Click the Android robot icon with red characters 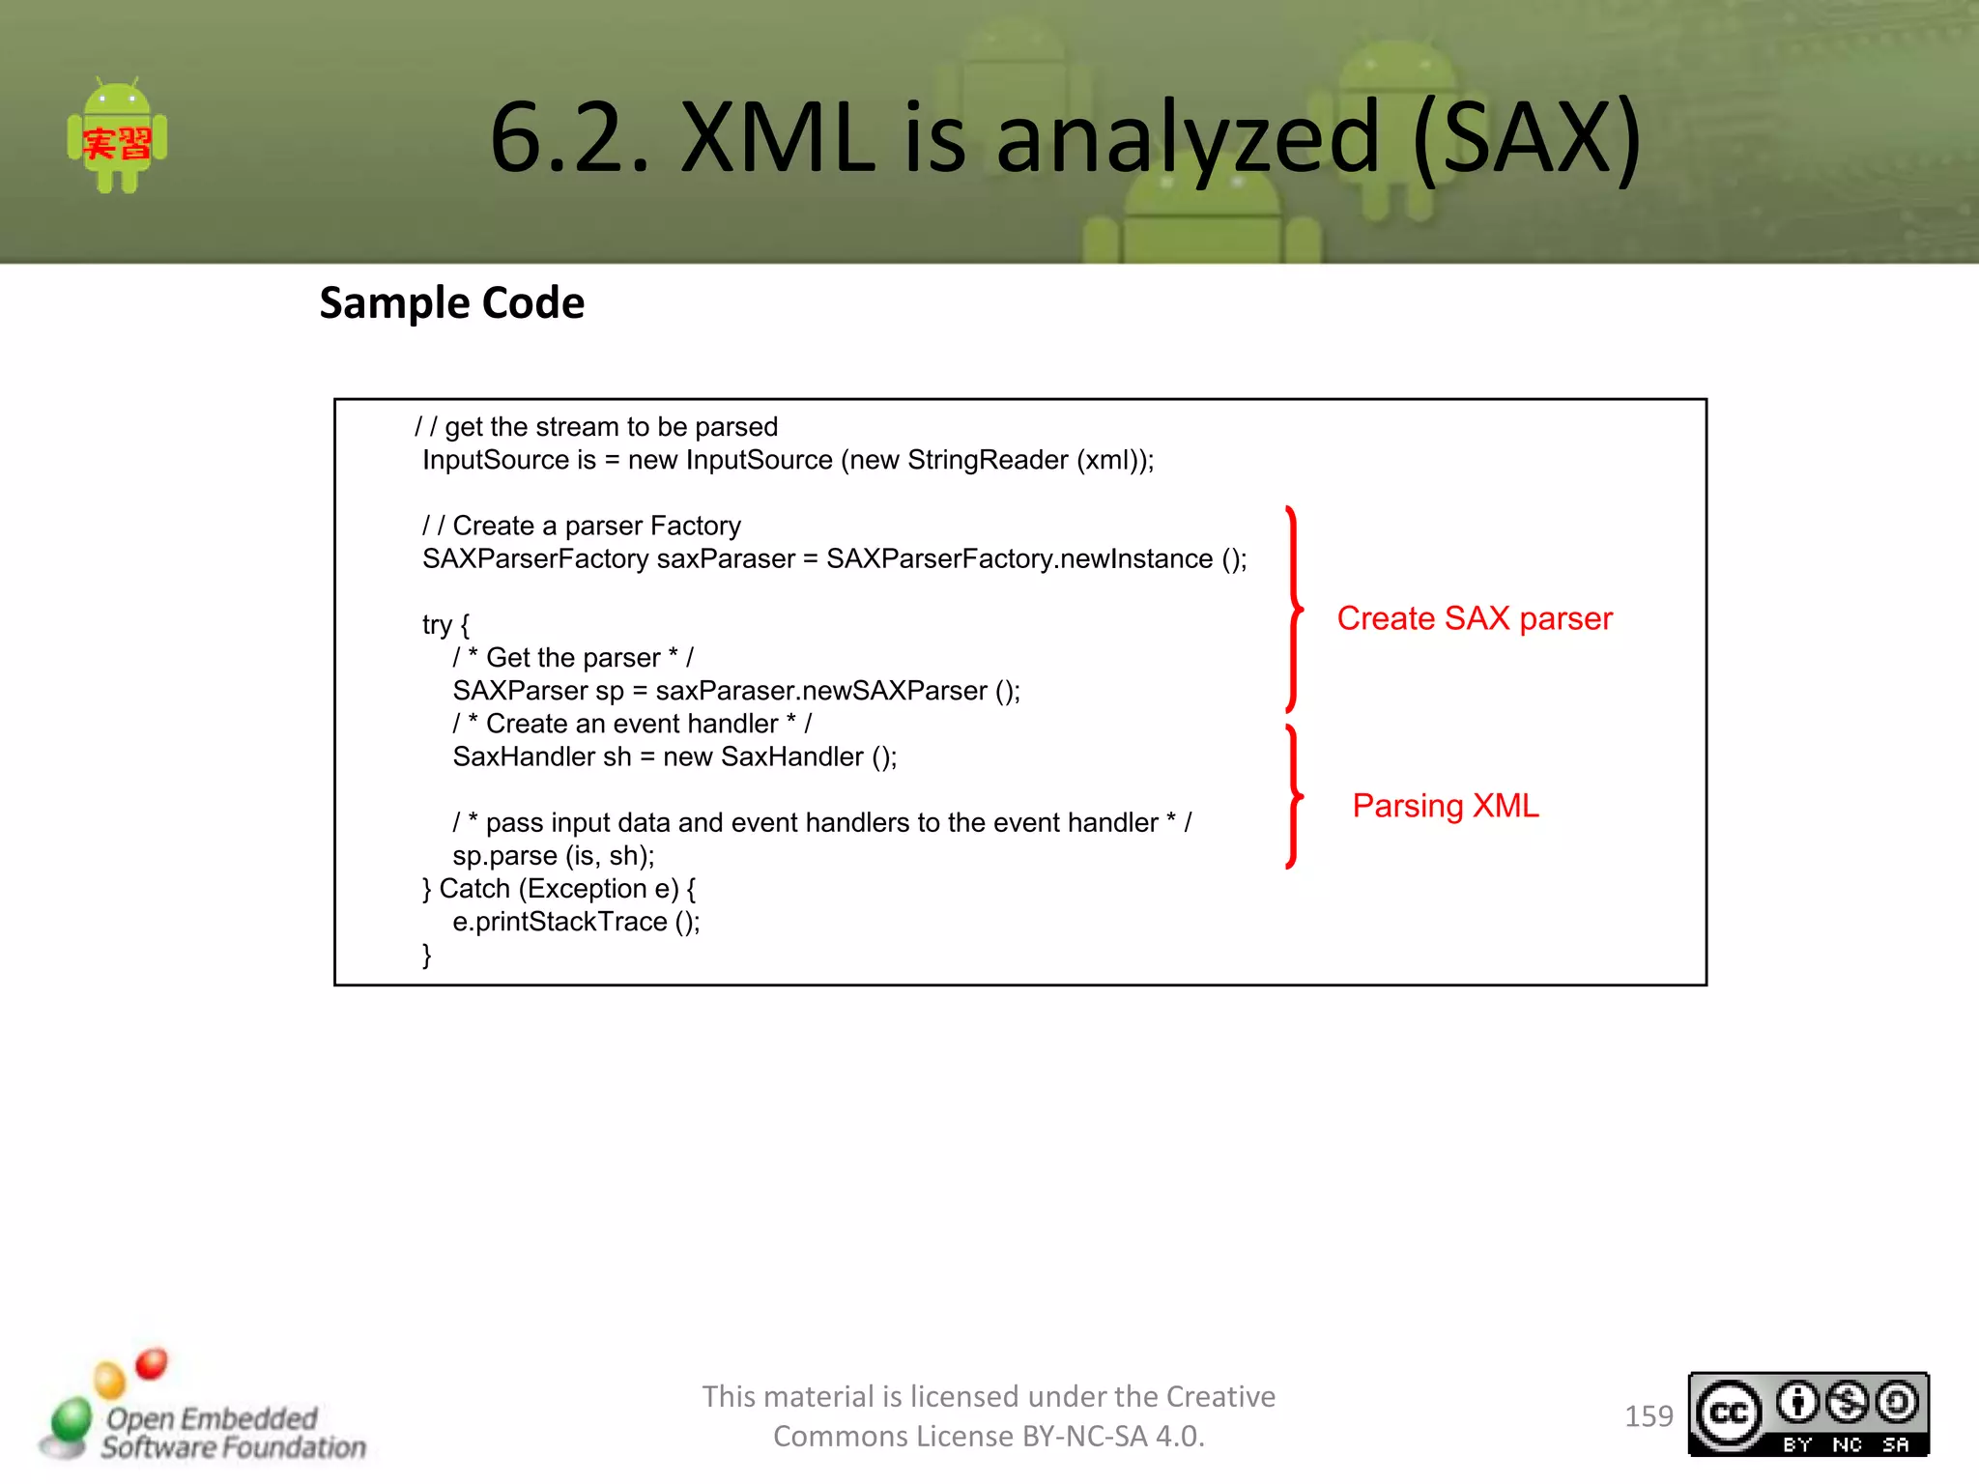pyautogui.click(x=117, y=136)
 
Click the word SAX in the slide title pyautogui.click(x=1526, y=138)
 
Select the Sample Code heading pyautogui.click(x=451, y=303)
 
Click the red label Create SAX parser pyautogui.click(x=1474, y=618)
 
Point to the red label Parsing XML pyautogui.click(x=1445, y=806)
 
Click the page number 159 pyautogui.click(x=1648, y=1416)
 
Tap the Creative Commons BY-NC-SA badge pyautogui.click(x=1808, y=1414)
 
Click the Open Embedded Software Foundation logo pyautogui.click(x=203, y=1411)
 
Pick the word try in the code pyautogui.click(x=437, y=625)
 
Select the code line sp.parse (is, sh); pyautogui.click(x=553, y=856)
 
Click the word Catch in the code pyautogui.click(x=474, y=889)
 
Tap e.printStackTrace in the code pyautogui.click(x=559, y=922)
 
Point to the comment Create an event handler pyautogui.click(x=632, y=724)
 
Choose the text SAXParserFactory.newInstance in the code pyautogui.click(x=1019, y=559)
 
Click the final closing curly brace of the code pyautogui.click(x=426, y=956)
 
